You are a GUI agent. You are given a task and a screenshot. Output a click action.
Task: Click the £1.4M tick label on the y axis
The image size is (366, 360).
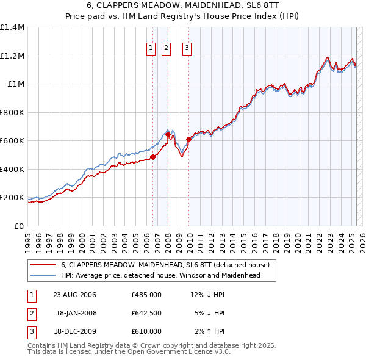[12, 27]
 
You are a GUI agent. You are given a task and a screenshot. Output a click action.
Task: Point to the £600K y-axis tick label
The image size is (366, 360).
[12, 141]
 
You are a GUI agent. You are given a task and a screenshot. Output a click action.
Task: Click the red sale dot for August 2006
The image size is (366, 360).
[153, 157]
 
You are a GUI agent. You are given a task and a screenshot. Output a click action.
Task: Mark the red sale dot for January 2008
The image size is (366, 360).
[168, 135]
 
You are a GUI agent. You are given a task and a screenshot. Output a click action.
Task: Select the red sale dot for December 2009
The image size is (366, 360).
[188, 139]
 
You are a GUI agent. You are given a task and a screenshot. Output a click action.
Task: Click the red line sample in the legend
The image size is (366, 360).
[42, 265]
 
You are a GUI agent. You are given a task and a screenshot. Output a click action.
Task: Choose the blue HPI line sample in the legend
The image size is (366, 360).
[42, 275]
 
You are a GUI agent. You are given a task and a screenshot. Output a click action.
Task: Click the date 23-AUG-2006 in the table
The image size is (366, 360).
[74, 295]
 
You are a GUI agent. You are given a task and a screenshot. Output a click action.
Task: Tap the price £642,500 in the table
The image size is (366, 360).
[146, 313]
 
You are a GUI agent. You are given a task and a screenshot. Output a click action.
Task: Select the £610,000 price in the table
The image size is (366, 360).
[146, 331]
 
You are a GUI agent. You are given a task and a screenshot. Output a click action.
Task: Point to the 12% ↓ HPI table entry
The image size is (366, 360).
[207, 295]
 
